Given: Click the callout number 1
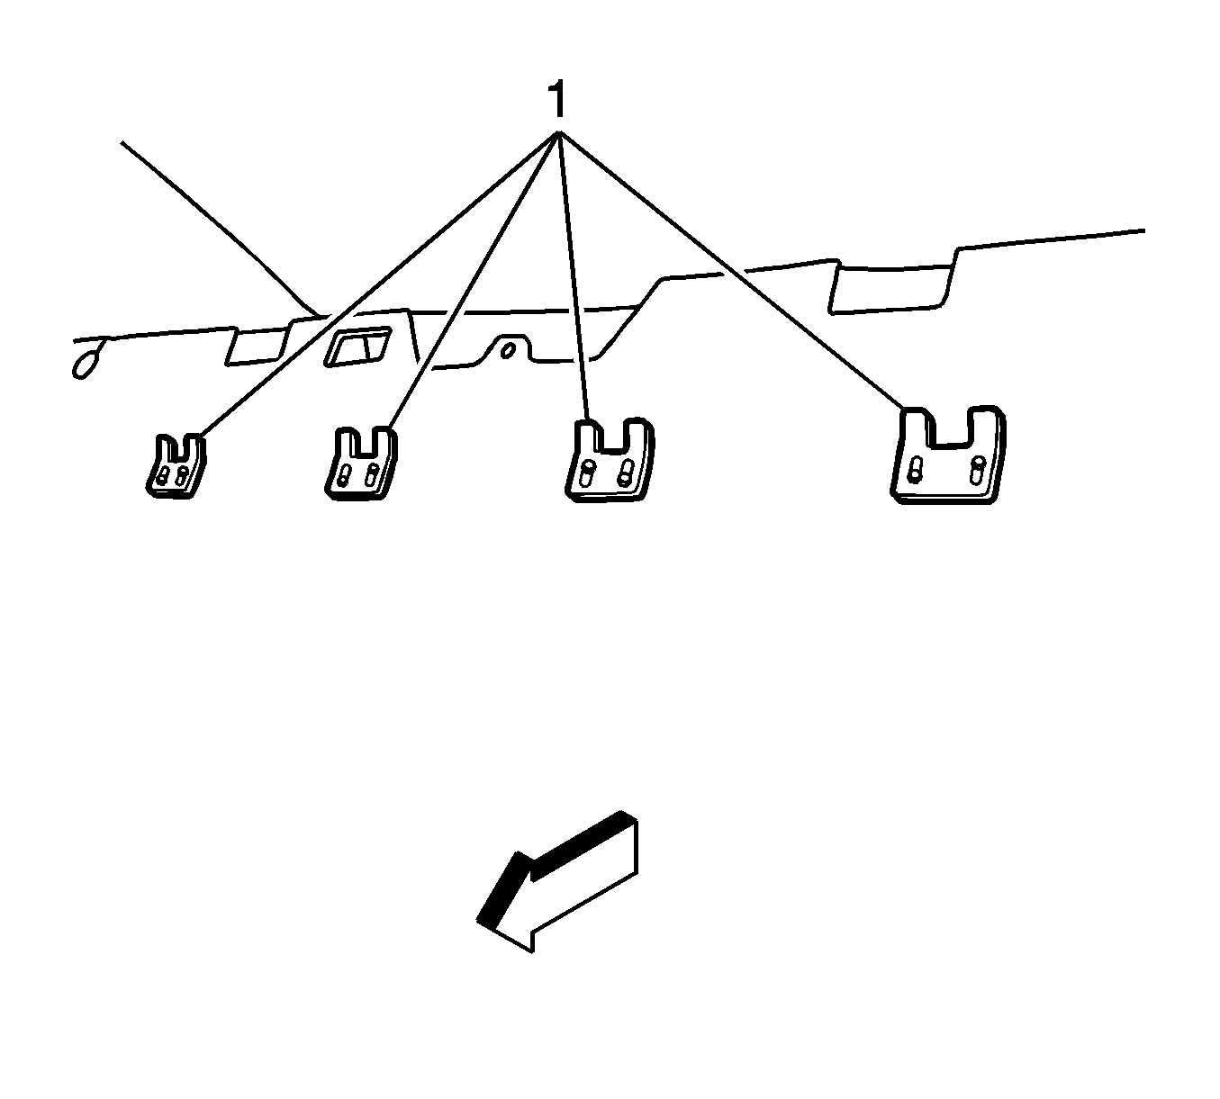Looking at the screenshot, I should [x=558, y=99].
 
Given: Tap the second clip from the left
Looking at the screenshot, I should [x=359, y=463].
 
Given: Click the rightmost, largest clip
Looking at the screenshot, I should [x=947, y=455].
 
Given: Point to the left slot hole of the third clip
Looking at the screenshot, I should [x=587, y=473].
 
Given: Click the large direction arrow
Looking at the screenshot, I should [x=556, y=882].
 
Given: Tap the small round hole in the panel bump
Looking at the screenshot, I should [x=509, y=348].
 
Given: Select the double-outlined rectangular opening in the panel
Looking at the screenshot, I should [x=357, y=347].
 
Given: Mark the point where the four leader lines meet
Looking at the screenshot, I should [x=559, y=134].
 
